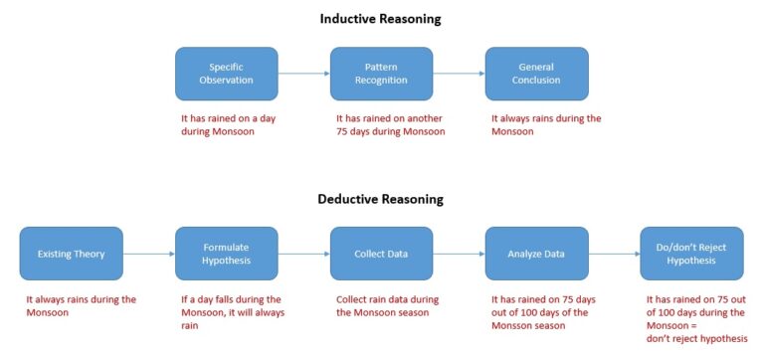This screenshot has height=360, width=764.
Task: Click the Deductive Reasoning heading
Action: point(380,199)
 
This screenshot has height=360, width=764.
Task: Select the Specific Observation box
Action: point(226,74)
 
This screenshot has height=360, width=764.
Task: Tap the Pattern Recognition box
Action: point(382,74)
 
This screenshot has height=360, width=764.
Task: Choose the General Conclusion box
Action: point(536,74)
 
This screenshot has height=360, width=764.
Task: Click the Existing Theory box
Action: point(71,254)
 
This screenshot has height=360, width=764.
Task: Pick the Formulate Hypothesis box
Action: point(226,254)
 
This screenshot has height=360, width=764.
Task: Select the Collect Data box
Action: point(382,254)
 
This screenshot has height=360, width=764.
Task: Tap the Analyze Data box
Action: point(536,254)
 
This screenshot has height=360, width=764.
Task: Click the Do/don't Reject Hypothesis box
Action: point(691,254)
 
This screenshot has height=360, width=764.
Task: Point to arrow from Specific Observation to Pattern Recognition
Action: point(303,74)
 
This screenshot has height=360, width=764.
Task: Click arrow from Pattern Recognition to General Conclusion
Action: point(459,74)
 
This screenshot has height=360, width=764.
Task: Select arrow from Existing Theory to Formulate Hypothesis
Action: point(148,254)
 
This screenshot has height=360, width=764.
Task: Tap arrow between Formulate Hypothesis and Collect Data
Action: point(303,254)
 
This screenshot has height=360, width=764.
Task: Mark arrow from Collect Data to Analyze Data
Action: point(459,254)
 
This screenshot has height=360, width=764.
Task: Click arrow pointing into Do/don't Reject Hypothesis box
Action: point(614,254)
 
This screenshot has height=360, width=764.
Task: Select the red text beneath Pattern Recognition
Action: point(390,124)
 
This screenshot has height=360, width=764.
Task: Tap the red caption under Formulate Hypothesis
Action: point(231,312)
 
